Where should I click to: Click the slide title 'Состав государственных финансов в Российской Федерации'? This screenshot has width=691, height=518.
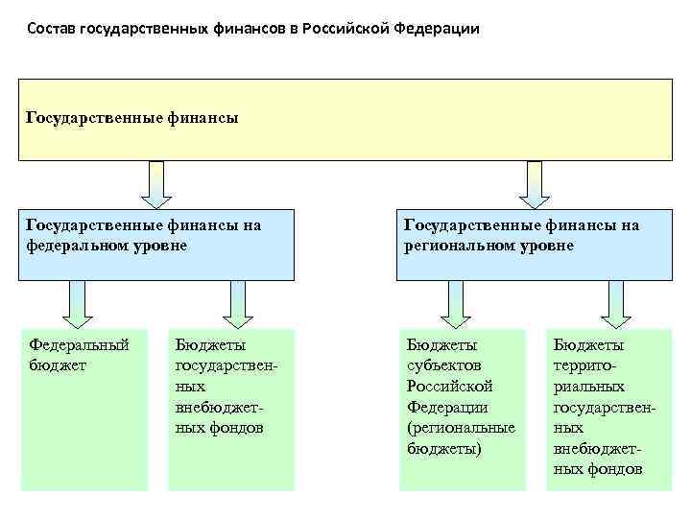pyautogui.click(x=252, y=28)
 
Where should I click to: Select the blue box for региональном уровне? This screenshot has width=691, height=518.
pyautogui.click(x=535, y=245)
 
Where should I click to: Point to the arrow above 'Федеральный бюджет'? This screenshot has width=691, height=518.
pyautogui.click(x=74, y=304)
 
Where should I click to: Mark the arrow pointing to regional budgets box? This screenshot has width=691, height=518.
pyautogui.click(x=455, y=304)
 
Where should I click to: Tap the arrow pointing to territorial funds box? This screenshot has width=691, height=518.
pyautogui.click(x=613, y=304)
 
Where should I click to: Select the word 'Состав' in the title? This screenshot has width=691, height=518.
pyautogui.click(x=50, y=28)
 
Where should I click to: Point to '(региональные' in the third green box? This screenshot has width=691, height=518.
pyautogui.click(x=461, y=428)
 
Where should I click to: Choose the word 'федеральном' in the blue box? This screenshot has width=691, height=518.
pyautogui.click(x=71, y=245)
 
